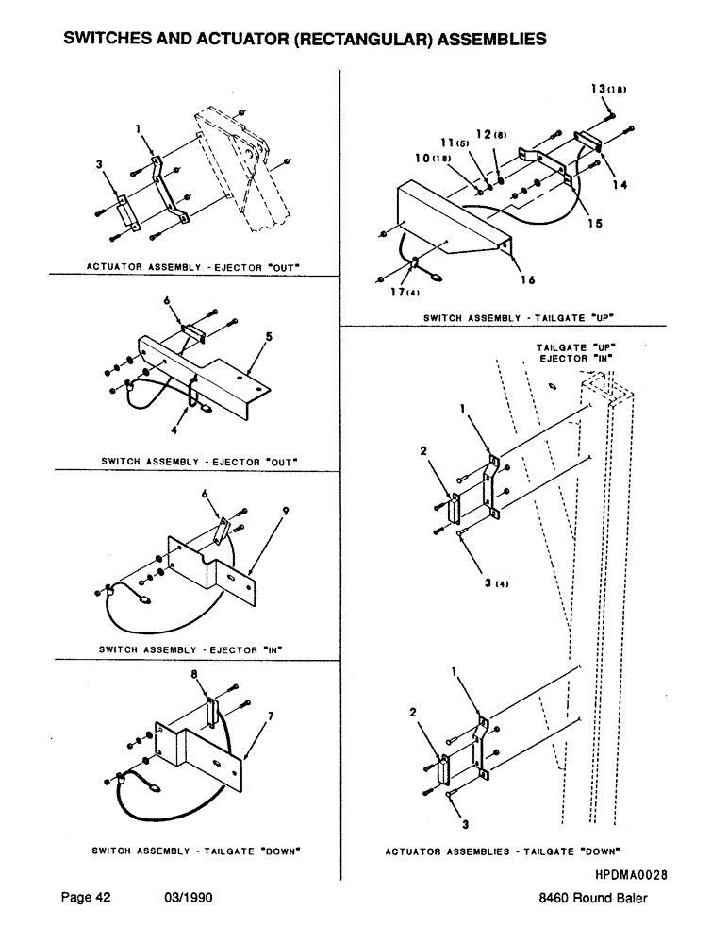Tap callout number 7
pos(271,716)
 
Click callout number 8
pos(206,676)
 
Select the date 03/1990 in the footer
pos(185,899)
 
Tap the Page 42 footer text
pos(86,899)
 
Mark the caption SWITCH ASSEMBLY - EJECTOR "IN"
pos(191,649)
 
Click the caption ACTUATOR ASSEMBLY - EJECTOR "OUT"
pos(192,266)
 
